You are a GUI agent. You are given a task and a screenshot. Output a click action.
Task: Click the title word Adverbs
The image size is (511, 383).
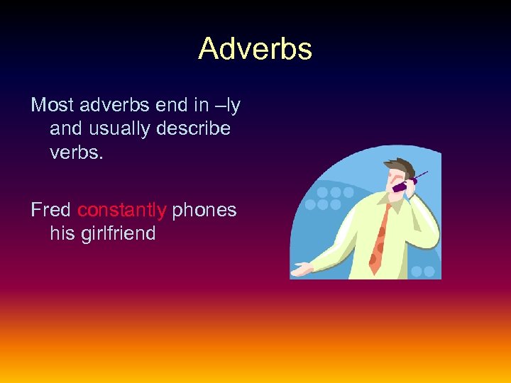pos(255,49)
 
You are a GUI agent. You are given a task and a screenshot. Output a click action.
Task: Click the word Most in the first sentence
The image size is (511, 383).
pos(52,106)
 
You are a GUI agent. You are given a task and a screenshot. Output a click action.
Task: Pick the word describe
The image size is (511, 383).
pos(196,129)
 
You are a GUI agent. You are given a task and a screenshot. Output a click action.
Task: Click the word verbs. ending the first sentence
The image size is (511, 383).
pos(76,152)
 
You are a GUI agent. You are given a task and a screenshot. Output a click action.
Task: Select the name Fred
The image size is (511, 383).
pos(50,210)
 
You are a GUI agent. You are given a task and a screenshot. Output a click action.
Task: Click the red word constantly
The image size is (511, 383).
pos(121,210)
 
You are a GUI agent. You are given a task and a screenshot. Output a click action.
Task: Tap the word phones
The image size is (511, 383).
pos(204,210)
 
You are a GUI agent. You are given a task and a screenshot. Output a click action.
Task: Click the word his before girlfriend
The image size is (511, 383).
pos(62,233)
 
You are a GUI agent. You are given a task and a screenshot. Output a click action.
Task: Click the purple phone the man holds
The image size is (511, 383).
pos(402,185)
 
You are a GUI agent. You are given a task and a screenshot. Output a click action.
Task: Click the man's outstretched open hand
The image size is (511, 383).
pos(301,270)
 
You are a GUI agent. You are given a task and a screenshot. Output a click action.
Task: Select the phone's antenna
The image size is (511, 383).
pos(421,174)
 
